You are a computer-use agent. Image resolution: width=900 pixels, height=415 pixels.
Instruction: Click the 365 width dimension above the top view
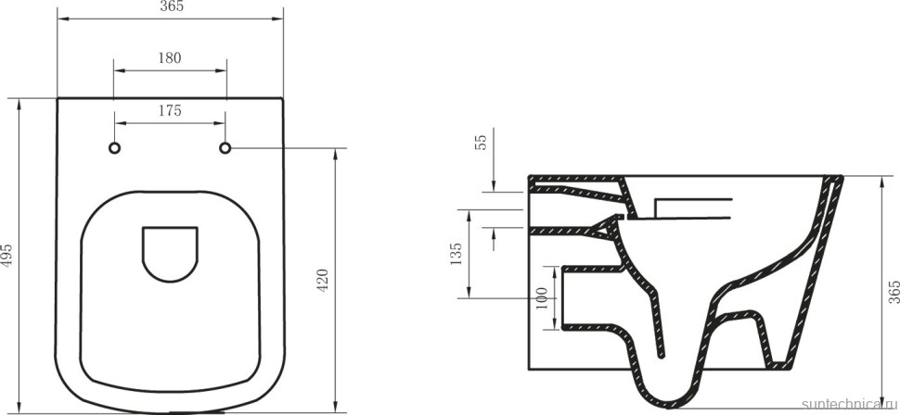coord(170,7)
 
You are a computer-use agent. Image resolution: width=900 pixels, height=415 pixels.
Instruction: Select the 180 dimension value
coord(170,57)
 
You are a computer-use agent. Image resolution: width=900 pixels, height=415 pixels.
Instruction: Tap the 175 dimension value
coord(170,110)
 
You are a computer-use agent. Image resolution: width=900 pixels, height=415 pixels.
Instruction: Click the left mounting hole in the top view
coord(115,148)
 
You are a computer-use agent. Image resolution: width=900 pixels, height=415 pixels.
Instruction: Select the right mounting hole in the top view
coord(225,148)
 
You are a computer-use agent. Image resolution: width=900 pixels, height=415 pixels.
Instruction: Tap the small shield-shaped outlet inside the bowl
coord(170,251)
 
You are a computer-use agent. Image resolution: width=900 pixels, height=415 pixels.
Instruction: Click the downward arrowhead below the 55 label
coord(494,185)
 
